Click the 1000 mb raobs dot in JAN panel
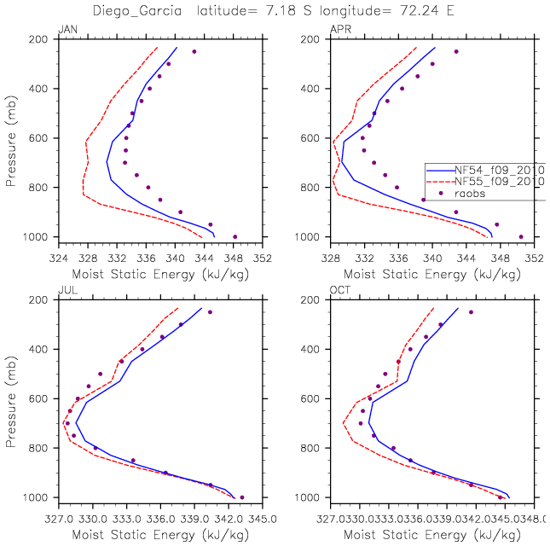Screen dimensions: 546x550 point(234,236)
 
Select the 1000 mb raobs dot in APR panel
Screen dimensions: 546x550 point(521,236)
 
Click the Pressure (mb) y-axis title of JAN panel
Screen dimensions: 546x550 point(12,138)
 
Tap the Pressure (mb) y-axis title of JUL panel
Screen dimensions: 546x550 point(12,399)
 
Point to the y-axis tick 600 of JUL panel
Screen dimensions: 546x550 point(40,399)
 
